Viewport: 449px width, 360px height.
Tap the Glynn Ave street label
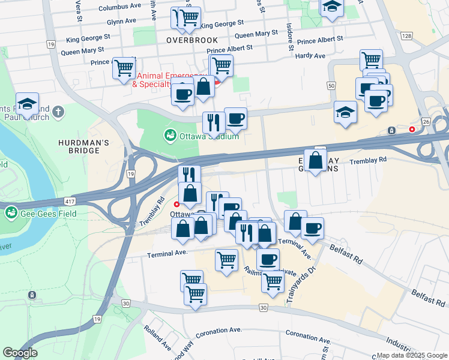coord(122,21)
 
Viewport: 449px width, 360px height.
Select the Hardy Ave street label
coord(310,56)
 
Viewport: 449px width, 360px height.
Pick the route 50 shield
coord(331,86)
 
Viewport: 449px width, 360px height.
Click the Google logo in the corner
coord(20,353)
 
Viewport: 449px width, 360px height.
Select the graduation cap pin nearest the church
coord(27,104)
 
